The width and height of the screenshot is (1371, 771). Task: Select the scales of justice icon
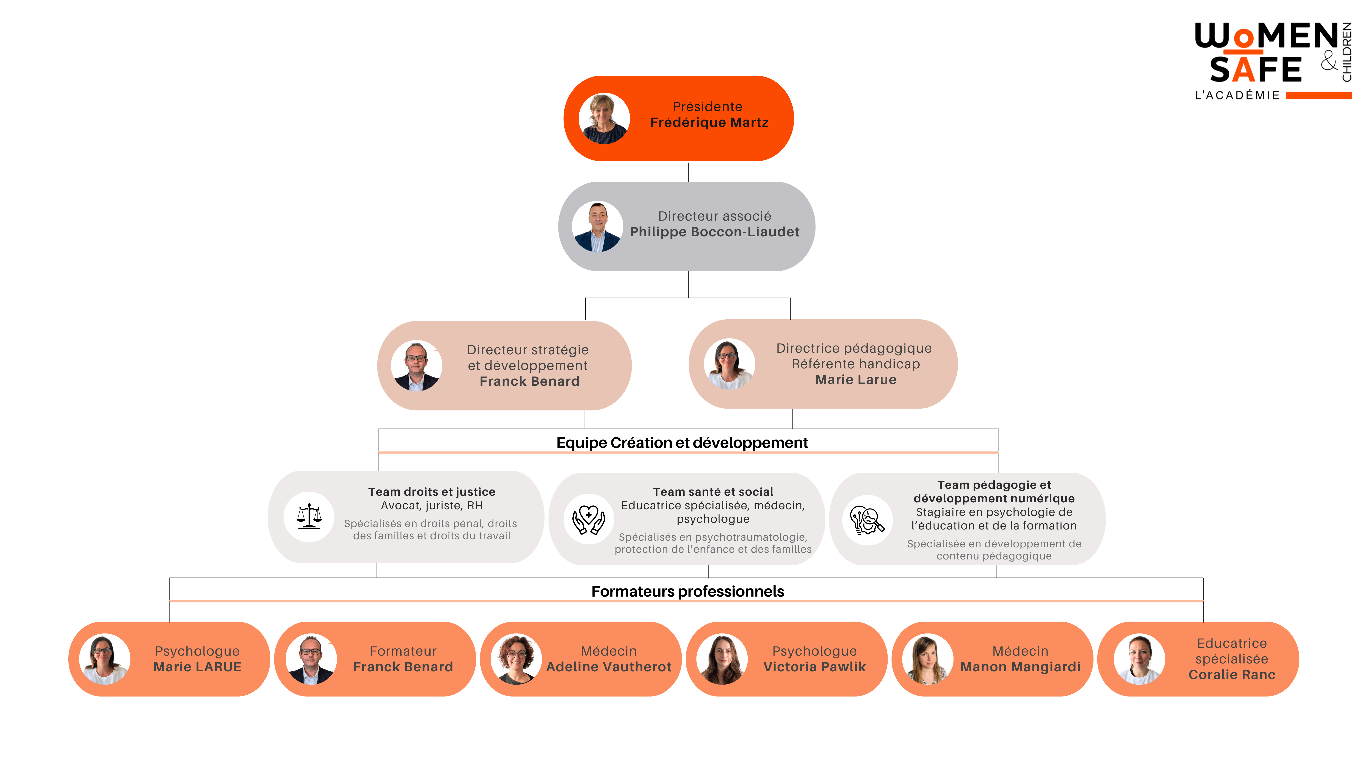[x=309, y=516]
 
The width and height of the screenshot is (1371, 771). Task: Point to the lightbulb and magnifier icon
[x=867, y=520]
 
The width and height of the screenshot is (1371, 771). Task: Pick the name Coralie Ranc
[x=1232, y=675]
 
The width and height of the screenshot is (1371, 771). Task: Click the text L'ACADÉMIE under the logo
[x=1237, y=95]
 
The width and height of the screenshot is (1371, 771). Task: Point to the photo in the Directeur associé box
[x=597, y=226]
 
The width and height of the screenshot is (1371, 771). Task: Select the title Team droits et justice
[x=432, y=492]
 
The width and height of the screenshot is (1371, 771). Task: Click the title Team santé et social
[x=713, y=492]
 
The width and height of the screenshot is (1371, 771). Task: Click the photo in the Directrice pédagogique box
[x=729, y=364]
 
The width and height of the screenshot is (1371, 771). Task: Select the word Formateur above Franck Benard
[x=403, y=651]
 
